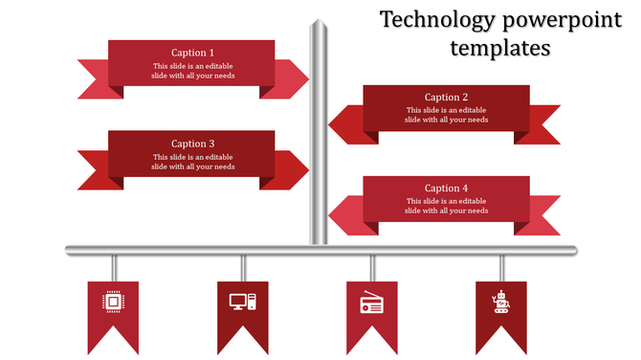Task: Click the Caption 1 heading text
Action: (x=192, y=53)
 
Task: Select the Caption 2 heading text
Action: (x=446, y=98)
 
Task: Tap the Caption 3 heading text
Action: (x=192, y=145)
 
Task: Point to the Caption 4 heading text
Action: (x=446, y=189)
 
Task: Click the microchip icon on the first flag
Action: (x=113, y=303)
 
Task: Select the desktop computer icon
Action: (x=243, y=303)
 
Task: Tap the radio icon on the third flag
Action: (x=371, y=304)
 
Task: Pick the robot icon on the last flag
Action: (x=500, y=302)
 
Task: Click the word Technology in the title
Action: (x=435, y=20)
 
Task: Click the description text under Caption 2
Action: (x=446, y=115)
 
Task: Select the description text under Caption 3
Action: (x=192, y=162)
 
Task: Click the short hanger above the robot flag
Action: (x=500, y=267)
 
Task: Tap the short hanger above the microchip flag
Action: (x=113, y=267)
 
